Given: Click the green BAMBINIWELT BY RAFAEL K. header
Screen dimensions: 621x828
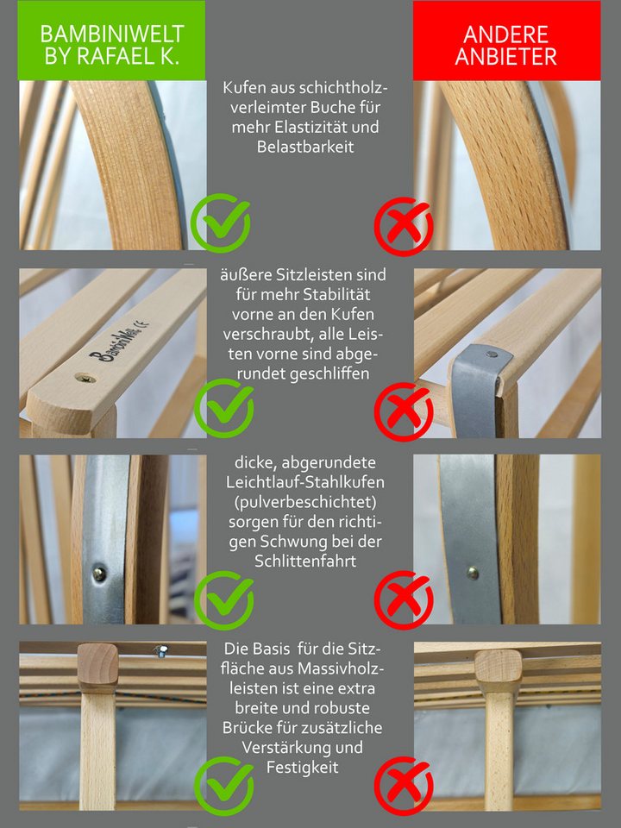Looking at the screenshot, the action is point(111,41).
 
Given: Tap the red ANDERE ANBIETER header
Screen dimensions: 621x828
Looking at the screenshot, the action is point(506,41).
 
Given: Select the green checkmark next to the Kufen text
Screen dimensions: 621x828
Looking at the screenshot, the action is point(221,223).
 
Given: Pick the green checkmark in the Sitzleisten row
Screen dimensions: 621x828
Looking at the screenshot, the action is point(224,408).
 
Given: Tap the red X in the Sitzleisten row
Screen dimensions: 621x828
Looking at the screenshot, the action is point(404,412).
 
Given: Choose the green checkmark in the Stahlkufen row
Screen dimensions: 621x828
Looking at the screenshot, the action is point(224,600).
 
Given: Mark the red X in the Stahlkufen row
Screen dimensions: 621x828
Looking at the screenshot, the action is point(404,600).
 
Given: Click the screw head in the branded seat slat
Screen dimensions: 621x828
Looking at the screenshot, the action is point(85,378).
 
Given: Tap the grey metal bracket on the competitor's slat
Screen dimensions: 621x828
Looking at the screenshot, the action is point(477,388).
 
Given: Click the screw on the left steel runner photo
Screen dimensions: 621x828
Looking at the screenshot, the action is point(99,573).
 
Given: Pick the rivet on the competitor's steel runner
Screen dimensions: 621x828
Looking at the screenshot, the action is point(473,573).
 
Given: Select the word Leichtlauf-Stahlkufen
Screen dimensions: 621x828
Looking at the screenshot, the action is point(305,481).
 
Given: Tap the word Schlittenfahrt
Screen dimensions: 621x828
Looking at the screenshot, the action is point(305,561).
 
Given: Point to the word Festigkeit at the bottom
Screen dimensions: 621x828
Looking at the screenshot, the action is point(303,767).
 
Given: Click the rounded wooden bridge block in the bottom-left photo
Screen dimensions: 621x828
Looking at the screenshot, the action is point(97,667).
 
